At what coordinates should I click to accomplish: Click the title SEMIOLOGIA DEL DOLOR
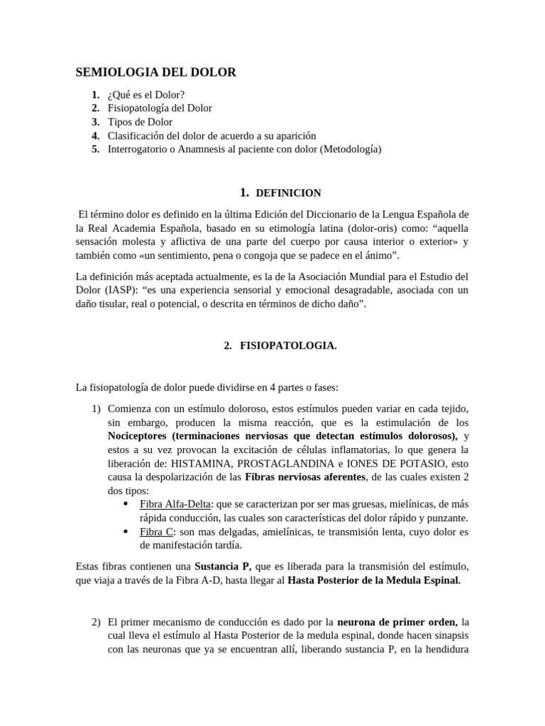pos(156,72)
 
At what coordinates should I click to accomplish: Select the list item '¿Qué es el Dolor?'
pos(145,94)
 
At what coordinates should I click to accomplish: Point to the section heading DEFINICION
pos(288,193)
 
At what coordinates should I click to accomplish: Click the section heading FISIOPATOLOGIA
pos(278,346)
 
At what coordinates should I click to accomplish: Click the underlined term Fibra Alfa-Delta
pos(173,504)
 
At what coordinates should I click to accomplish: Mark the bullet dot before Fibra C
pos(126,531)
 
